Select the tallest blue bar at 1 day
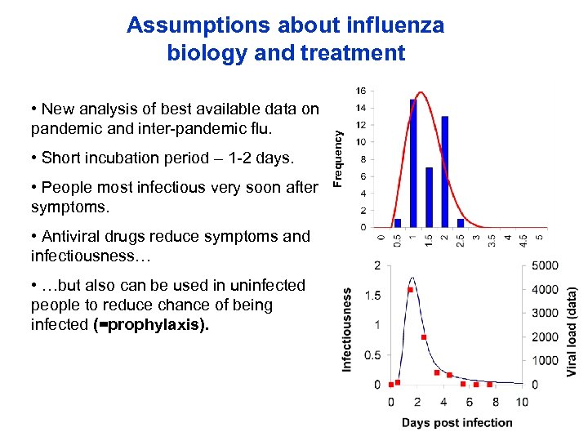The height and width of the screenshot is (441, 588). click(413, 163)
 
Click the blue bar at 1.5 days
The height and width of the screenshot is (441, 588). click(429, 197)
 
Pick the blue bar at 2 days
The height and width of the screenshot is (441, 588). click(444, 171)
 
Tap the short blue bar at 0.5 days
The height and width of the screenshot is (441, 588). click(398, 222)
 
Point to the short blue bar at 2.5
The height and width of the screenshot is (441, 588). click(461, 222)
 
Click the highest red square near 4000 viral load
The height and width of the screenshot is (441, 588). click(410, 290)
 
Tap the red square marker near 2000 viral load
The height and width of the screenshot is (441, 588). click(423, 337)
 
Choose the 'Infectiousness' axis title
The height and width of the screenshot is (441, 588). click(347, 328)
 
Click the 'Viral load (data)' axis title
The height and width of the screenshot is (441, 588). click(572, 330)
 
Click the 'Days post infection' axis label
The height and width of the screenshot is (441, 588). click(457, 422)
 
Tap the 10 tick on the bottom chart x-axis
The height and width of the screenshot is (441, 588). click(523, 401)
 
